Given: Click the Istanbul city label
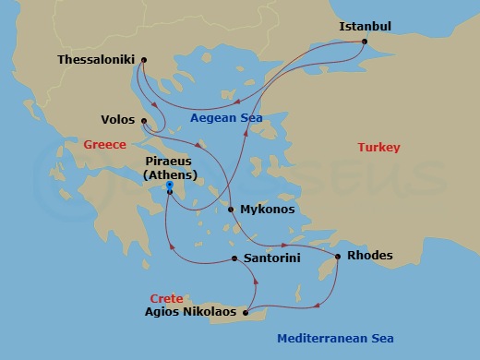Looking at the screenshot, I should [366, 26].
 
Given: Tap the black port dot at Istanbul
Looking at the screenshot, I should [366, 42].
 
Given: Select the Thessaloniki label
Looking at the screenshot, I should [96, 60].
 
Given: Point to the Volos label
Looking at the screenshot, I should [118, 120].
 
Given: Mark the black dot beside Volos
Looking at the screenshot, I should [145, 120].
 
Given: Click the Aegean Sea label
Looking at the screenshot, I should [226, 118].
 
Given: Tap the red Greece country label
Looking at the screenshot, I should [104, 145].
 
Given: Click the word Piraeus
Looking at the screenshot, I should [169, 161].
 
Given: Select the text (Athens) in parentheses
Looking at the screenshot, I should [169, 174].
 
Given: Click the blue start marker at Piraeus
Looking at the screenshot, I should [170, 186].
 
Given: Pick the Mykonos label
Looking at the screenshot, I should [268, 210].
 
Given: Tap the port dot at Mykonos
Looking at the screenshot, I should [231, 210].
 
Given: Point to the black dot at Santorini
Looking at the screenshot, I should [234, 258].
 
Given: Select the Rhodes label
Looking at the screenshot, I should [369, 256].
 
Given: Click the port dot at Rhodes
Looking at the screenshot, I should [338, 256].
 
